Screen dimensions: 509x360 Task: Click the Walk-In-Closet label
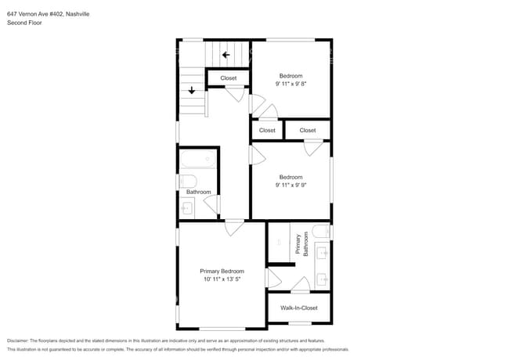click(x=299, y=308)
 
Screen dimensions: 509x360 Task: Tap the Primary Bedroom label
click(x=222, y=271)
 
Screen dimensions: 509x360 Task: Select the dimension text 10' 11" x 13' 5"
click(x=222, y=279)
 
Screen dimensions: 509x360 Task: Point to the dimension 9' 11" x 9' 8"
click(x=291, y=84)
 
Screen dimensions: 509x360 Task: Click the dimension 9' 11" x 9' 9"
click(x=291, y=185)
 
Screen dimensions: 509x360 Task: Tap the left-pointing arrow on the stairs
click(x=226, y=55)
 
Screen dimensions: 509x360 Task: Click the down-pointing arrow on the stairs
click(x=192, y=90)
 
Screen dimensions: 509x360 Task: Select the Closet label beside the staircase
click(x=229, y=78)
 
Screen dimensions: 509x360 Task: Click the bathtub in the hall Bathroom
click(x=198, y=159)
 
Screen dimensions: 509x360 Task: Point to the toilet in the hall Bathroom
click(x=188, y=182)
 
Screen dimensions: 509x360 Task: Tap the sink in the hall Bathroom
click(x=187, y=208)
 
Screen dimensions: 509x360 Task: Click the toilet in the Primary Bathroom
click(x=321, y=231)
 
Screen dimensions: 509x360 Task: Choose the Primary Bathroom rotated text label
click(x=301, y=244)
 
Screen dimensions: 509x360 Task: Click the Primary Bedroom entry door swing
click(x=234, y=228)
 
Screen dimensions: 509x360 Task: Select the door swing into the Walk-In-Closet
click(x=301, y=285)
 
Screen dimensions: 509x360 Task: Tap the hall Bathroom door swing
click(x=212, y=204)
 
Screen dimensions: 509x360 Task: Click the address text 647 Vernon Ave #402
click(x=35, y=14)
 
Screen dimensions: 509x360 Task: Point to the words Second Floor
click(x=24, y=23)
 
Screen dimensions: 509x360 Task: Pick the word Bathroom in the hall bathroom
click(x=199, y=192)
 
